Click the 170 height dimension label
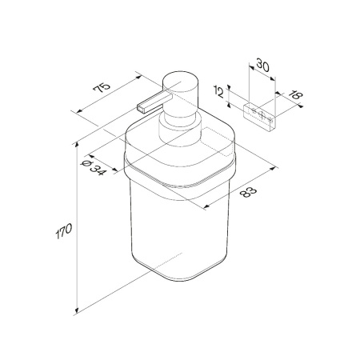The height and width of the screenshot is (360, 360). [64, 231]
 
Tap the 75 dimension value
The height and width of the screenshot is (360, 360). [102, 87]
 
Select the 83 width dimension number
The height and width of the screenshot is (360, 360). [247, 192]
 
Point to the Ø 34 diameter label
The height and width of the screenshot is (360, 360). [94, 168]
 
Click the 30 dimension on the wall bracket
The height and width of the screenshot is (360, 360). [262, 66]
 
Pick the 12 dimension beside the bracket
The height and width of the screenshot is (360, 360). [218, 92]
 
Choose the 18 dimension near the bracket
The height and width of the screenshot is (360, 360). [296, 95]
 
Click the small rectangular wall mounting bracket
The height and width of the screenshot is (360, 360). [260, 118]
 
